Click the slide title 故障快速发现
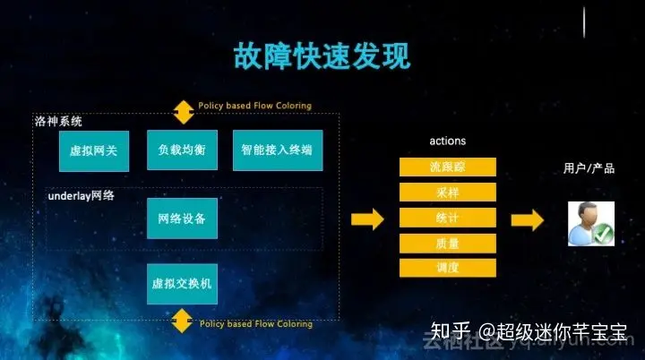[322, 56]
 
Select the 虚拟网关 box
[94, 150]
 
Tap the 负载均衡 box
[182, 150]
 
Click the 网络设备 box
[182, 218]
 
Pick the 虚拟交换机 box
[182, 284]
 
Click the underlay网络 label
[81, 195]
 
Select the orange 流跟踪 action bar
[448, 167]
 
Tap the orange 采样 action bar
[448, 192]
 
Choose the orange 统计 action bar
[448, 217]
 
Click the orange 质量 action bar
[448, 242]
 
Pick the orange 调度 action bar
[448, 267]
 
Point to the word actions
[448, 141]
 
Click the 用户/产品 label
[589, 168]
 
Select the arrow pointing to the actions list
[367, 219]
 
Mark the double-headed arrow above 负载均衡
[183, 111]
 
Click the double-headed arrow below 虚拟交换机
[183, 320]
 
